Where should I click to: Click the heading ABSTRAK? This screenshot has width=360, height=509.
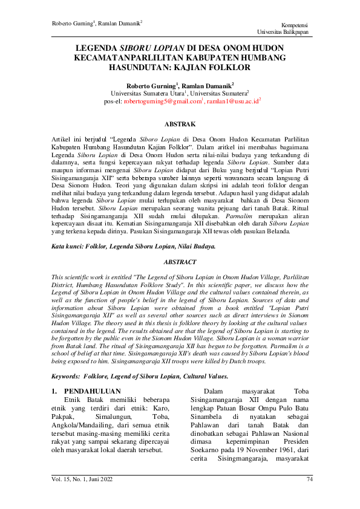[x=180, y=125]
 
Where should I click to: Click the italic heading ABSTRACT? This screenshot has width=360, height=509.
[x=180, y=262]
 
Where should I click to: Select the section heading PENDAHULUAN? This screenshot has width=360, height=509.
[x=93, y=392]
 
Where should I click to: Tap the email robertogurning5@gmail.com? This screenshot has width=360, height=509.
[x=162, y=102]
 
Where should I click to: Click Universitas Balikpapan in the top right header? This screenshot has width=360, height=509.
[x=282, y=31]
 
